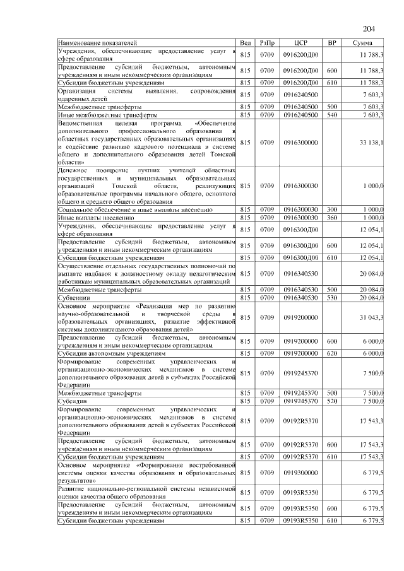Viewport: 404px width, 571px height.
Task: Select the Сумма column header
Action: [x=362, y=42]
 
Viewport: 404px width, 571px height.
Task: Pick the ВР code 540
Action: [x=332, y=115]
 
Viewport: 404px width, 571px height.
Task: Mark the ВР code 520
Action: [x=332, y=401]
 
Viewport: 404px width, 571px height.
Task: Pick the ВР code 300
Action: [x=332, y=209]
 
